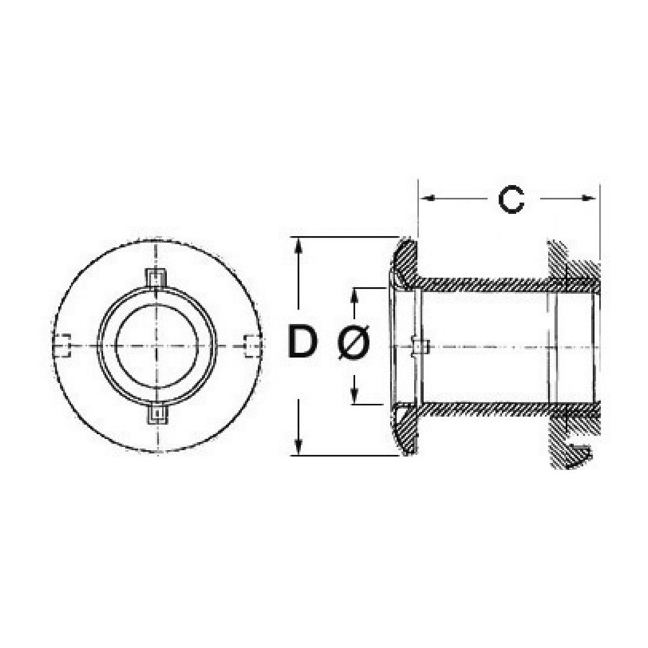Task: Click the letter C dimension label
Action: (x=512, y=200)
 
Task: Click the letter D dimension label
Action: (x=302, y=341)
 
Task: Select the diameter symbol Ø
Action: (x=354, y=342)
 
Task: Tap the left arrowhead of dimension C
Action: (x=427, y=199)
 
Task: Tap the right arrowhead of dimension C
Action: (x=589, y=199)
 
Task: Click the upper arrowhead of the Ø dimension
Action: (x=354, y=296)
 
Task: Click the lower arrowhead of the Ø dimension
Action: (x=354, y=395)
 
